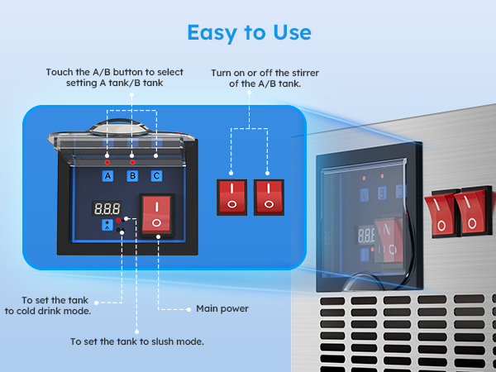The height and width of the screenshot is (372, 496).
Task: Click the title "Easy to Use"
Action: (x=249, y=32)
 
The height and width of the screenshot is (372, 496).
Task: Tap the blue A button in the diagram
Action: (x=107, y=175)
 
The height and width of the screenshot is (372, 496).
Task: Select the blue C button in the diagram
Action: (x=156, y=175)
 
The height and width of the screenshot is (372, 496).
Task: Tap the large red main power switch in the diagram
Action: (x=157, y=214)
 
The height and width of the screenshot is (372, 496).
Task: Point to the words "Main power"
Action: (x=222, y=308)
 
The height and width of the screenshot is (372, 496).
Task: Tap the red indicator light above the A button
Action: (x=107, y=163)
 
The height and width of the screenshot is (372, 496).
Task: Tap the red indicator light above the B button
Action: (x=131, y=163)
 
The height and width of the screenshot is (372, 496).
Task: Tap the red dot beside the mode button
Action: (x=119, y=222)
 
